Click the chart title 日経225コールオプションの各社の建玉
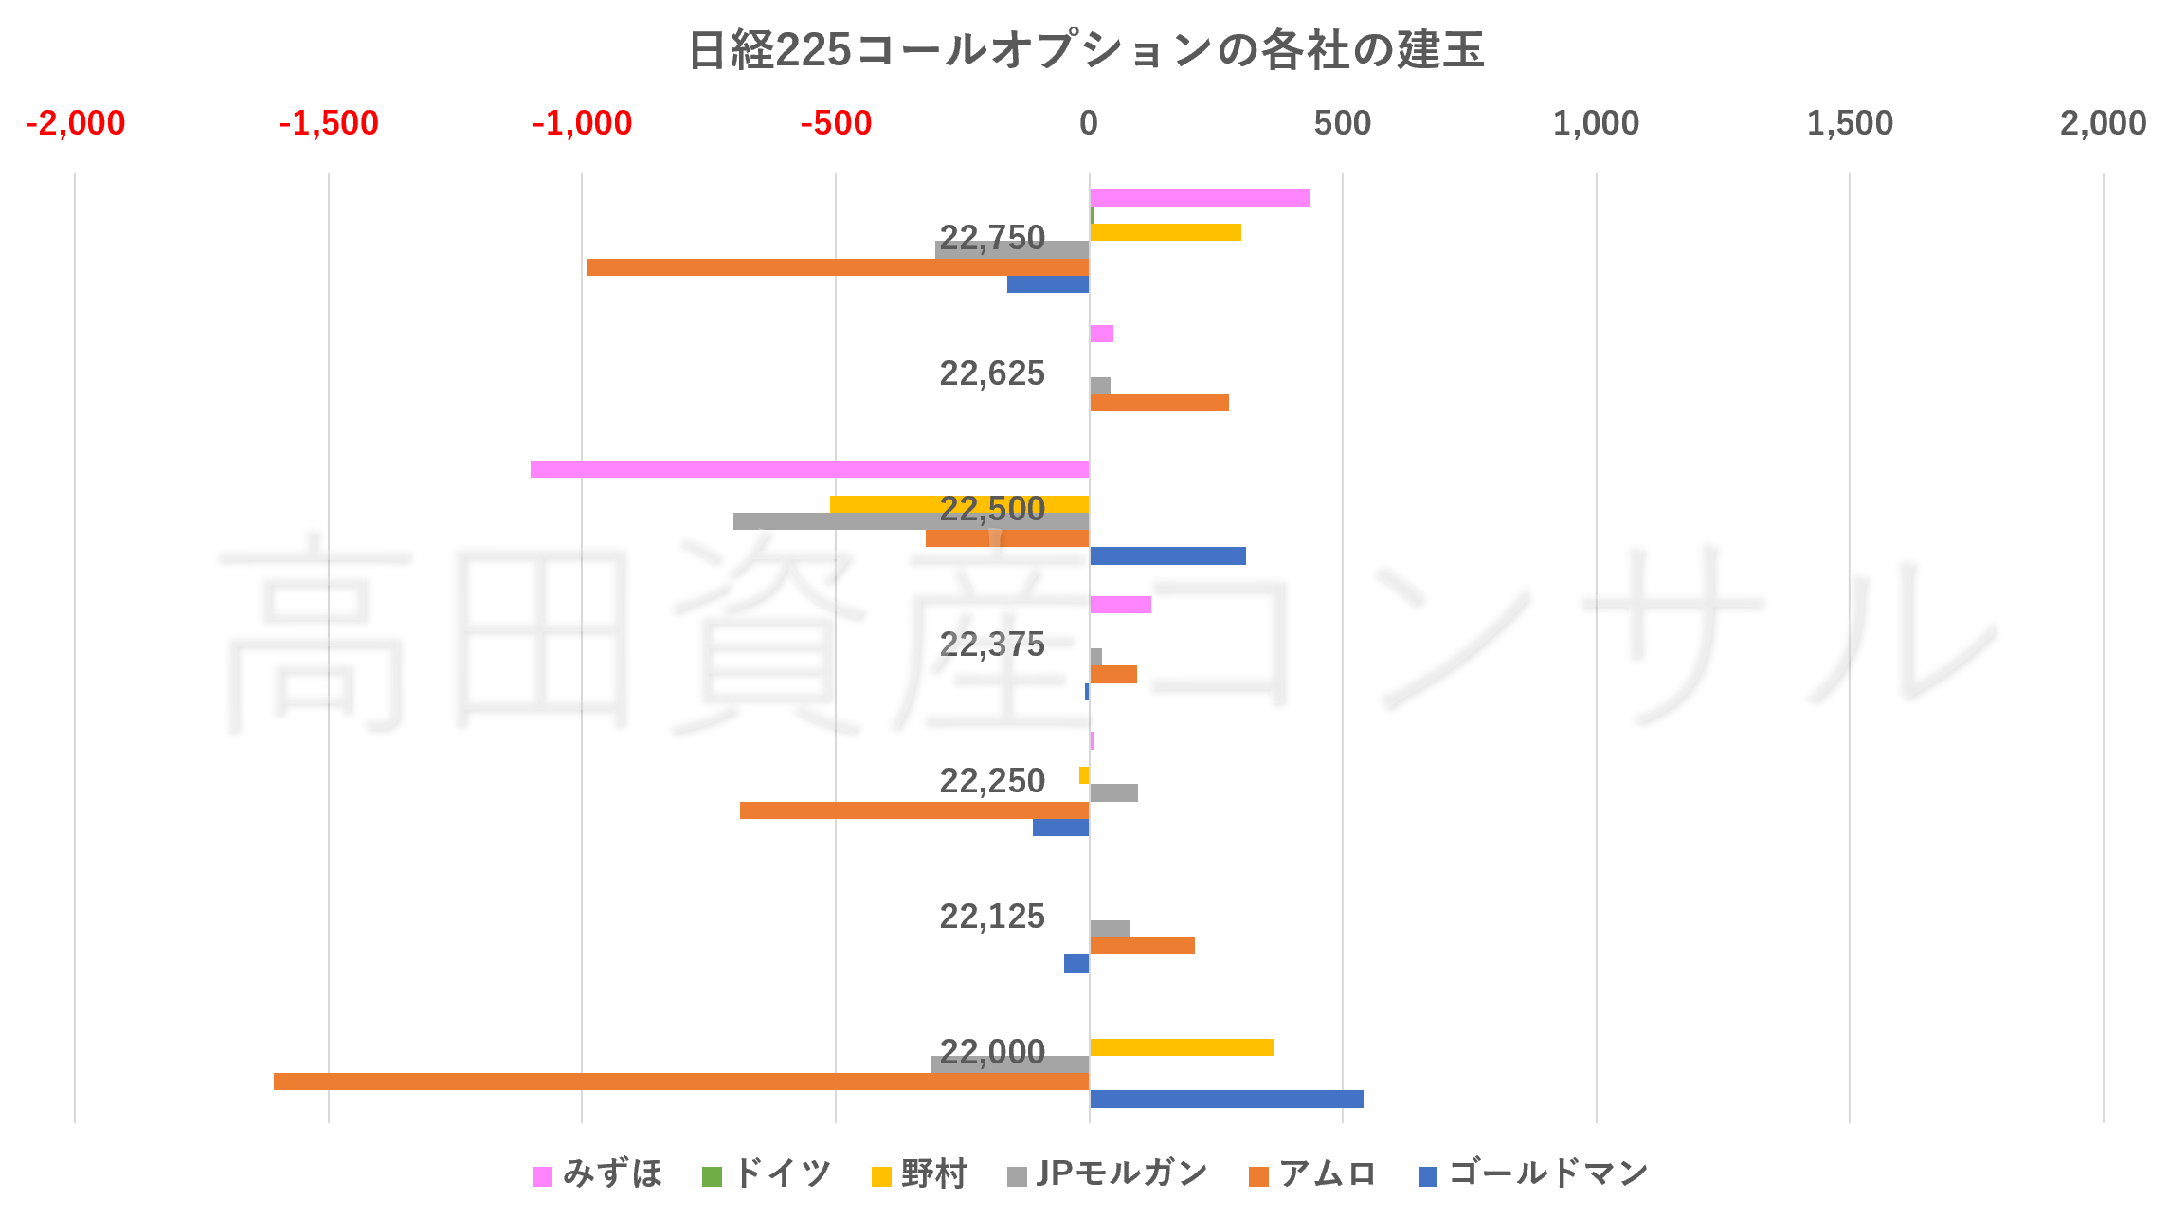point(1085,50)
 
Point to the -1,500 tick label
point(328,123)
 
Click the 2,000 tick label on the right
point(2103,123)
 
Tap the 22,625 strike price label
point(991,373)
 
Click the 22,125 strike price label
point(991,917)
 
